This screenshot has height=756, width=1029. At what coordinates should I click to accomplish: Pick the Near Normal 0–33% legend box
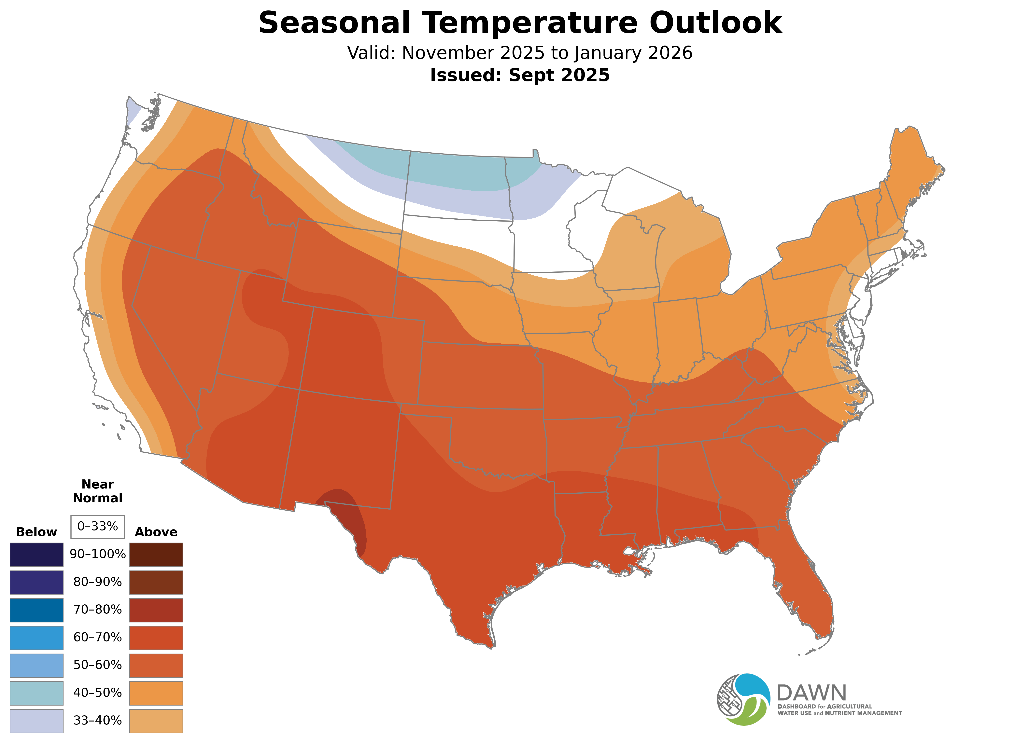tap(97, 527)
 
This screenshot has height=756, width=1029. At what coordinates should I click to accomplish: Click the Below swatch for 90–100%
tap(37, 555)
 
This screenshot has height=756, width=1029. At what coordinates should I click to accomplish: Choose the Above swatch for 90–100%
tap(156, 555)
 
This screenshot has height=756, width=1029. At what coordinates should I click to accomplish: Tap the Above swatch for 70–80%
tap(156, 610)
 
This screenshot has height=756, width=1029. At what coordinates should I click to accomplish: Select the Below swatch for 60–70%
tap(37, 638)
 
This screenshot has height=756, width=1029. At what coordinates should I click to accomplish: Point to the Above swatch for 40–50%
tap(156, 693)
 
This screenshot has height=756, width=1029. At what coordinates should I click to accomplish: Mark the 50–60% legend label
tap(97, 665)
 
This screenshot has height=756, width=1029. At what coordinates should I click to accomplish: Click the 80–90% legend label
tap(97, 582)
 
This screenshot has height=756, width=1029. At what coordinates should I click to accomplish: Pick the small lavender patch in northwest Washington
tap(133, 110)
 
